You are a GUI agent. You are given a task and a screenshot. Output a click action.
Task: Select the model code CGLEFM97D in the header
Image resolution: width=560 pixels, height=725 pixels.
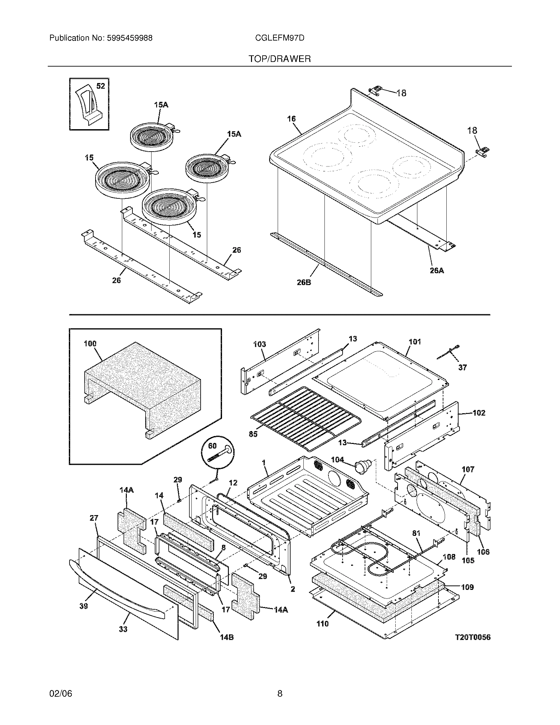279,38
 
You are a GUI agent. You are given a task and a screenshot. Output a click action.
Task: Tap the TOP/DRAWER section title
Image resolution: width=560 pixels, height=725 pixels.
280,59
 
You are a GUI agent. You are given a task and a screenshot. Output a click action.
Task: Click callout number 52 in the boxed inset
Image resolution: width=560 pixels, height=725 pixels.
100,86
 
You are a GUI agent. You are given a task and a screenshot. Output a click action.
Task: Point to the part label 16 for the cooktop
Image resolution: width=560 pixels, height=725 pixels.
291,119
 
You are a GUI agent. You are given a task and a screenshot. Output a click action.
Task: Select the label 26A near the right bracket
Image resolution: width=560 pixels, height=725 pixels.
436,271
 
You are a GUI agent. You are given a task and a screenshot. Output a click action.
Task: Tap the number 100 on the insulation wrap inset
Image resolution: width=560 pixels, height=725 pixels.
90,344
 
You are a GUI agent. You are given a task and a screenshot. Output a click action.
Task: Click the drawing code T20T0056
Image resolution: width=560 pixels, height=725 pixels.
472,637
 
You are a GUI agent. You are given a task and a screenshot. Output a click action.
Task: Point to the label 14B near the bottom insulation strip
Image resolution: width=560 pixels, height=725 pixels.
227,637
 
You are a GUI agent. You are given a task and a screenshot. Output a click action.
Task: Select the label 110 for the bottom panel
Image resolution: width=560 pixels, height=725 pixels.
322,624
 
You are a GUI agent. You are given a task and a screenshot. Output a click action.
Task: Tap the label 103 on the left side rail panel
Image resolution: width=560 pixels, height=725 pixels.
260,344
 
